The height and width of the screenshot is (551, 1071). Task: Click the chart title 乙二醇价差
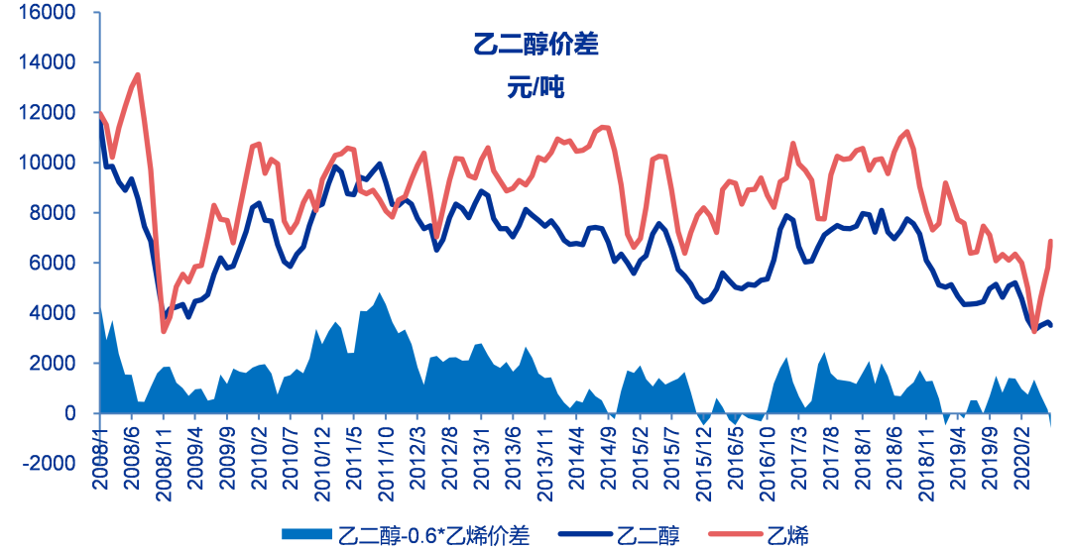[x=535, y=45]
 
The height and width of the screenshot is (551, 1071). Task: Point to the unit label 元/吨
[x=535, y=87]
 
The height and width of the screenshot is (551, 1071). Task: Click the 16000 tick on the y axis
[x=48, y=13]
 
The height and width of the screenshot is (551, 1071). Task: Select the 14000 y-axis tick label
[x=48, y=62]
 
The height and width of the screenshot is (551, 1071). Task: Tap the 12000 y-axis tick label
[x=48, y=113]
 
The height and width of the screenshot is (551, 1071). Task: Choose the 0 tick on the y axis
[x=70, y=413]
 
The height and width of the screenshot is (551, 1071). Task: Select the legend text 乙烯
[x=788, y=536]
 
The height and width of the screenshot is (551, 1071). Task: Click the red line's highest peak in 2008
[x=137, y=74]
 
